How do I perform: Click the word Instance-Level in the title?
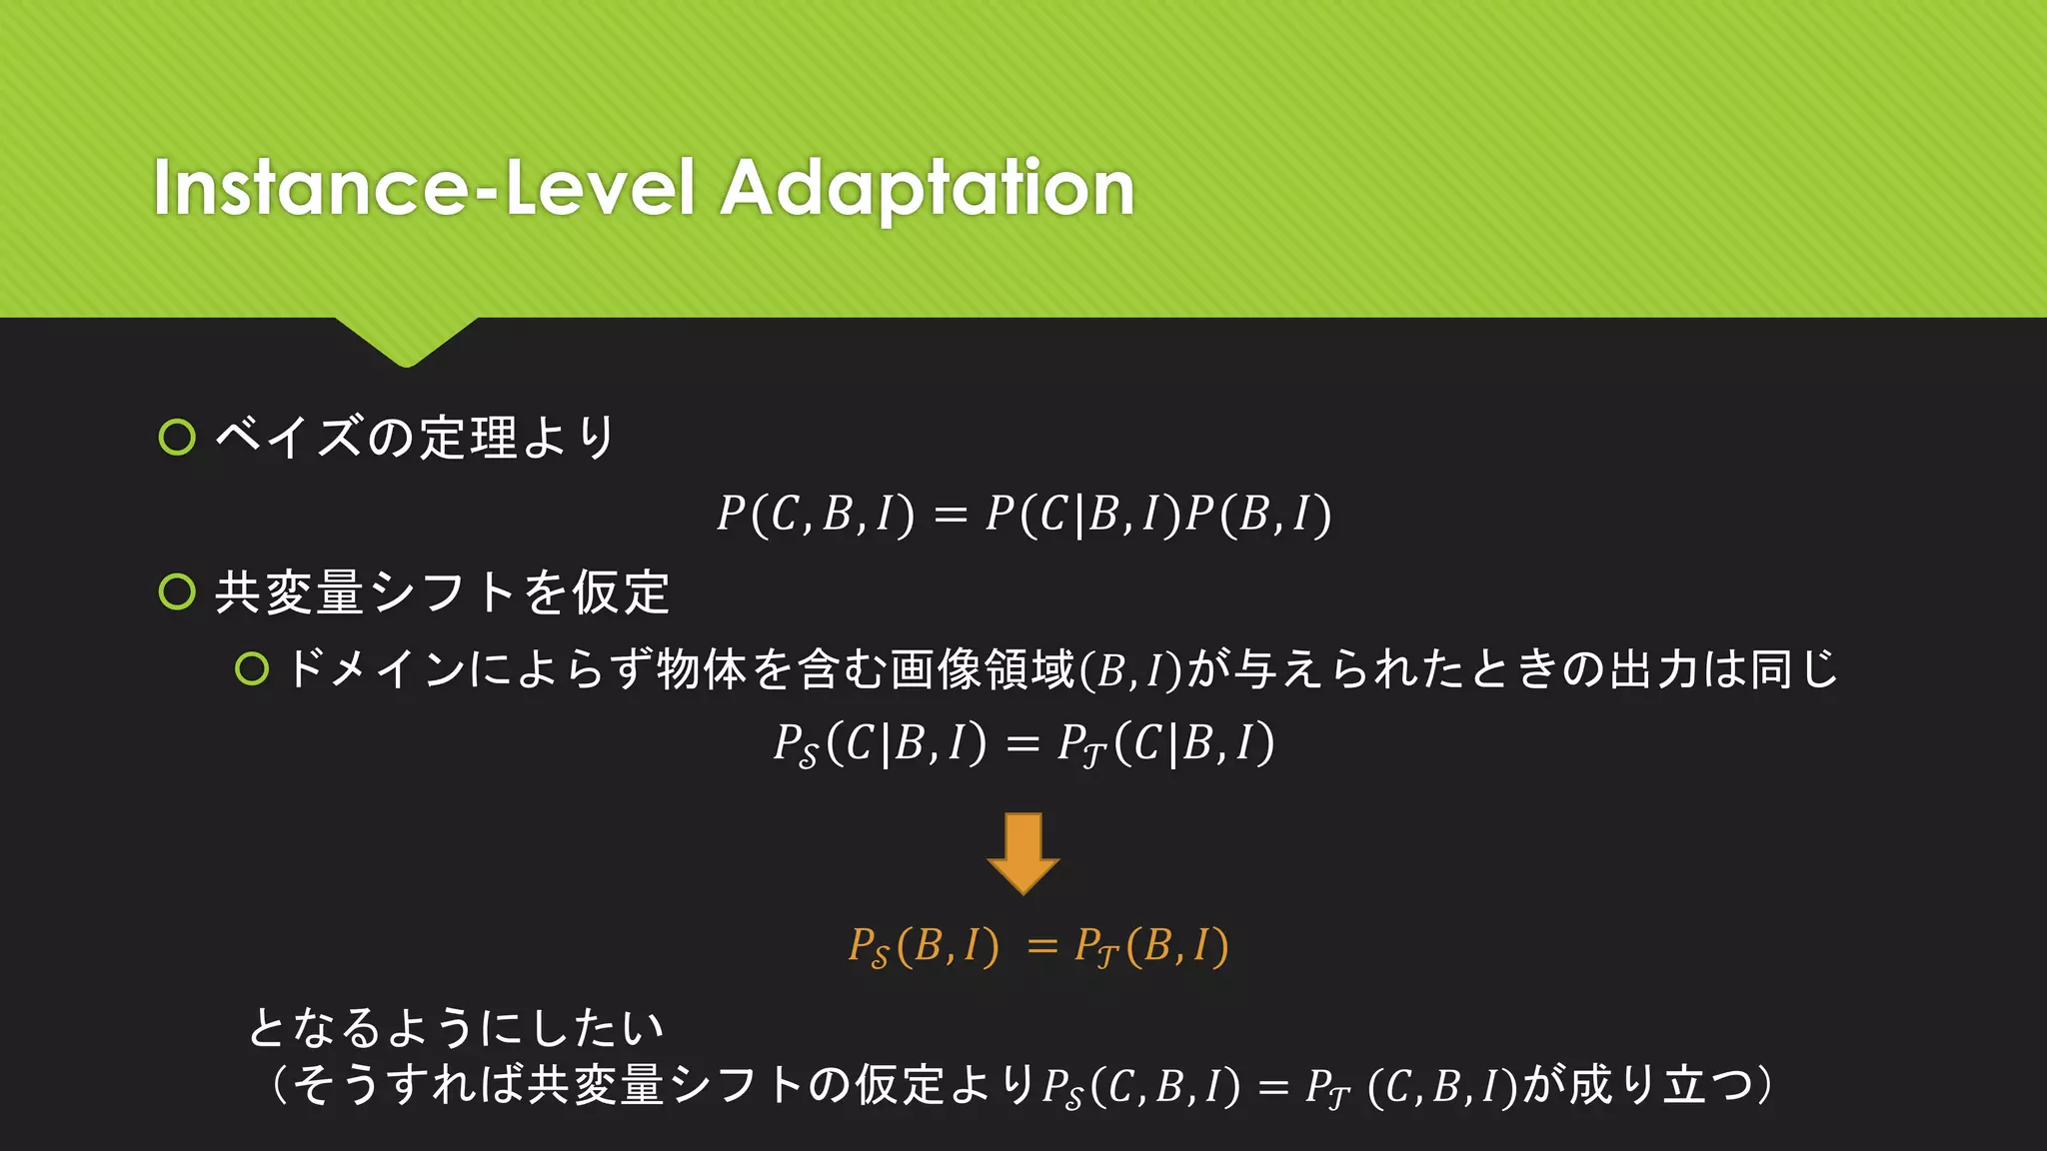(424, 187)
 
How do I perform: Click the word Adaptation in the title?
(928, 187)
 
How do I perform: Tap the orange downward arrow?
(1023, 852)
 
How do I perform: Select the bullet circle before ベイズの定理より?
(177, 438)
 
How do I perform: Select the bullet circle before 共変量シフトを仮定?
(177, 592)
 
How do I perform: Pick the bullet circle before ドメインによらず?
(252, 669)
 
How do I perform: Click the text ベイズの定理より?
(415, 438)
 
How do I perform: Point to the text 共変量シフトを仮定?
(442, 592)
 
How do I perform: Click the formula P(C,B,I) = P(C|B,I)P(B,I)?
(1023, 515)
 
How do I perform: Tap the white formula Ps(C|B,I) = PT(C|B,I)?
(1023, 743)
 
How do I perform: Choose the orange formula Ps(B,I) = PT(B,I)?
(1037, 946)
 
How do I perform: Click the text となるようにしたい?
(456, 1027)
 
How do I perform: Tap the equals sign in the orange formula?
(1041, 945)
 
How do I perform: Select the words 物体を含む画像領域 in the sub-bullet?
(866, 669)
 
